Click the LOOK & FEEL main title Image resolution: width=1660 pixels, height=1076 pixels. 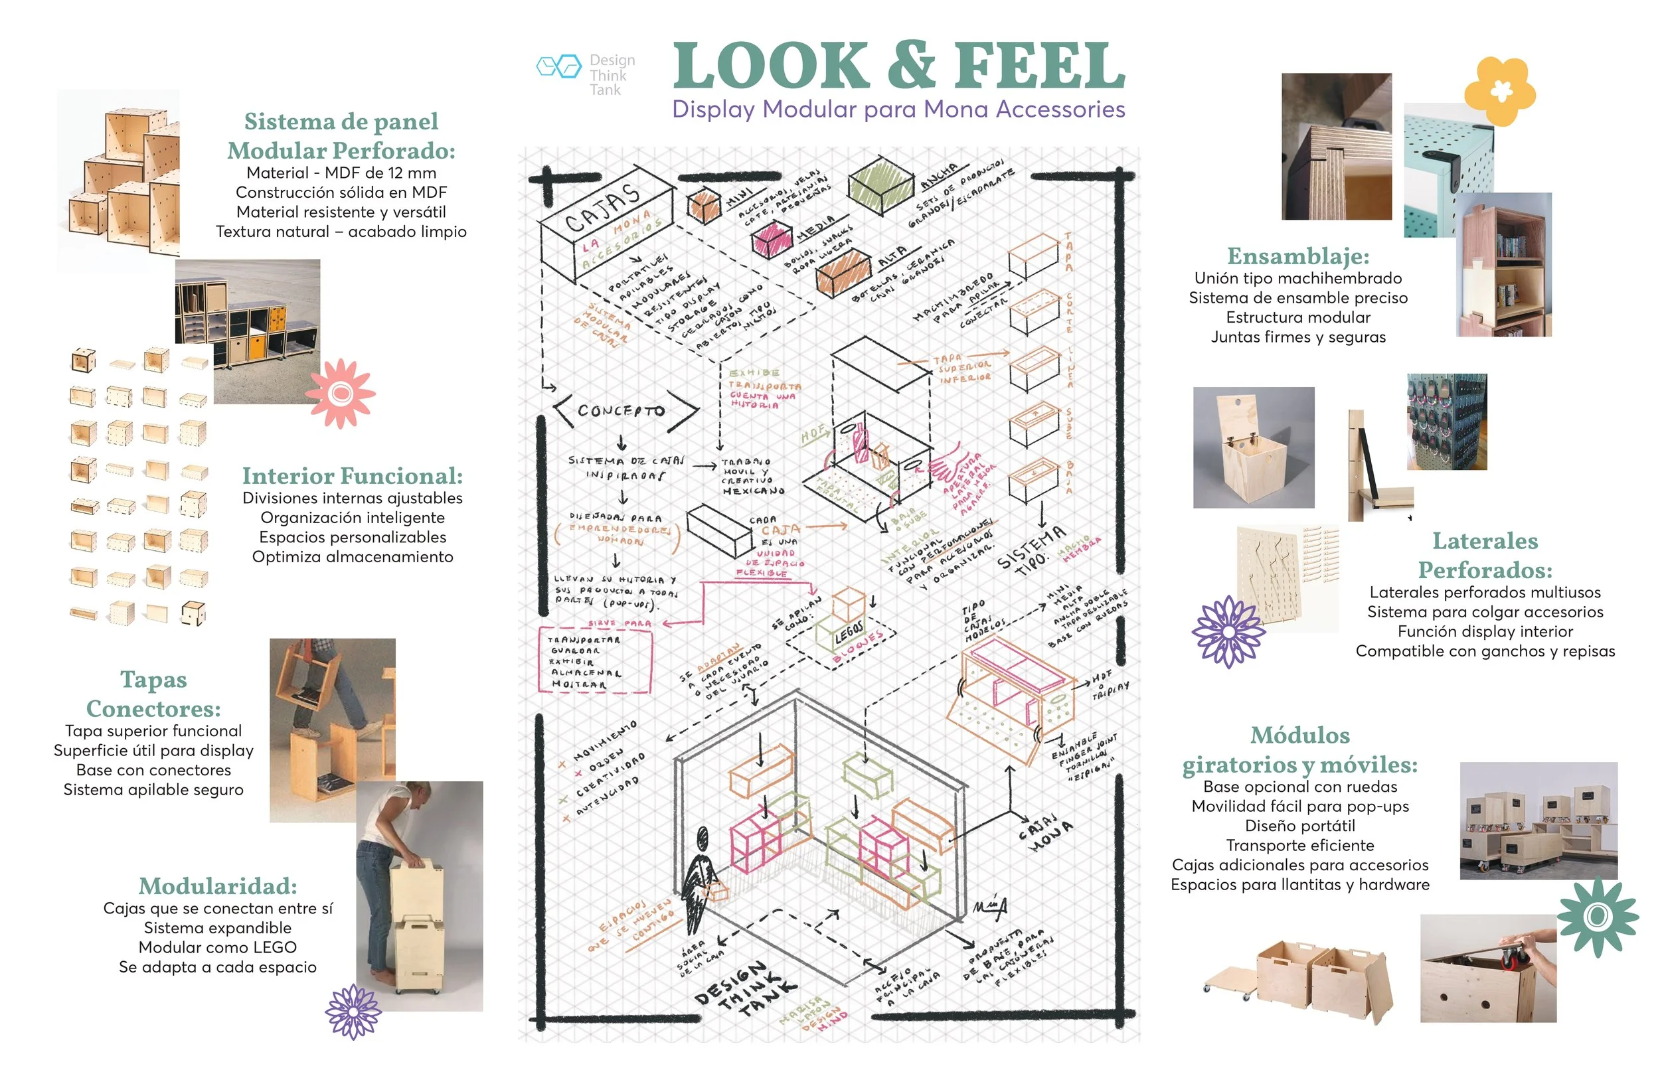(x=898, y=66)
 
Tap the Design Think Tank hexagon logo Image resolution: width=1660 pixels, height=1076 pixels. (x=558, y=66)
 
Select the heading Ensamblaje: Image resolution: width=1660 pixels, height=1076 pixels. (x=1298, y=256)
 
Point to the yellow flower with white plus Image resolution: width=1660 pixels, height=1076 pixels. (x=1499, y=91)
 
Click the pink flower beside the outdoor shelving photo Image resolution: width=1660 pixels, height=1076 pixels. (x=340, y=394)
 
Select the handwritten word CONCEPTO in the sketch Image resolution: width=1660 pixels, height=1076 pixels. (x=621, y=411)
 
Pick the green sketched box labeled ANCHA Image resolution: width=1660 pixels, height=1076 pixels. (x=880, y=184)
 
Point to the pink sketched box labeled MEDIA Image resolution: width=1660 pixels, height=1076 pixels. (x=772, y=239)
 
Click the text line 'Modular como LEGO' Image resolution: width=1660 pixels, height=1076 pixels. (x=218, y=947)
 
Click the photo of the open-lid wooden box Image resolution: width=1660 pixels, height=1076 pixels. (x=1254, y=447)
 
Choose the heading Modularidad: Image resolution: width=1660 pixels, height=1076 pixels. (x=218, y=885)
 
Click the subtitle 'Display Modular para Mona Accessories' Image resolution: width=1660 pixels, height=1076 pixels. (x=898, y=110)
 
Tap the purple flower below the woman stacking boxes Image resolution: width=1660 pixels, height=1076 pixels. (x=353, y=1010)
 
